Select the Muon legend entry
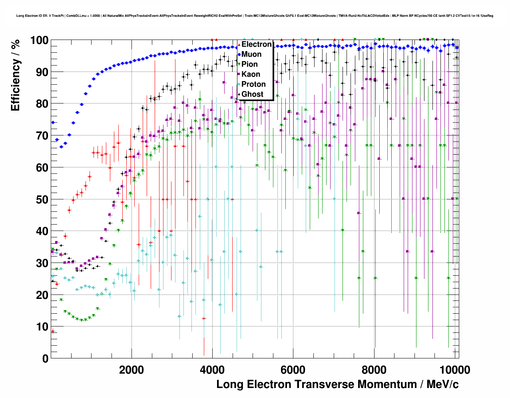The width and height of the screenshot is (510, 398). click(x=251, y=54)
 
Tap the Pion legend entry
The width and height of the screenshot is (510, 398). click(x=249, y=64)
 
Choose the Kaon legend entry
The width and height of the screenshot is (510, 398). click(x=251, y=74)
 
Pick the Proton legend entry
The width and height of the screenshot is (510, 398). click(x=253, y=84)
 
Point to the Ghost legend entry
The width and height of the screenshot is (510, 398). click(x=252, y=94)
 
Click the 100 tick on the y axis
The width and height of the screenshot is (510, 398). click(x=39, y=40)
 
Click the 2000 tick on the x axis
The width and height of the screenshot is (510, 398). click(x=131, y=370)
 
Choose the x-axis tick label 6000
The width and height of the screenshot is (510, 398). click(x=293, y=370)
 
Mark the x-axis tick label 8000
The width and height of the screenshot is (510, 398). click(x=374, y=370)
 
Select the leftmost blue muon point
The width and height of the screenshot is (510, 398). click(x=53, y=122)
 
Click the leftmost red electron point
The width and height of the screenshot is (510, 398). click(x=53, y=331)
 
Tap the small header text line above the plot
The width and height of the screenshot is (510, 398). click(x=255, y=16)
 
